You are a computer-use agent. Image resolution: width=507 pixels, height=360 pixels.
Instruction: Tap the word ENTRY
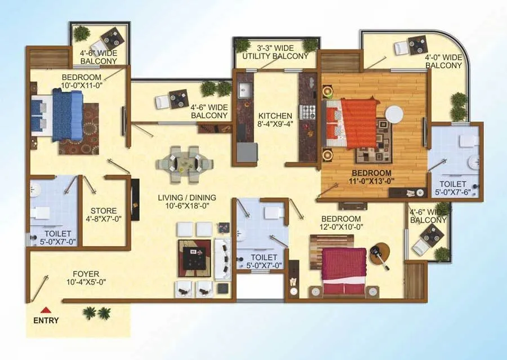pos(46,321)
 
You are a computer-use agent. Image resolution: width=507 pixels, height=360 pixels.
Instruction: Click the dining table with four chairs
pos(184,164)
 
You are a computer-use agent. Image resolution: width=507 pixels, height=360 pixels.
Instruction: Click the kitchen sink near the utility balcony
pos(245,90)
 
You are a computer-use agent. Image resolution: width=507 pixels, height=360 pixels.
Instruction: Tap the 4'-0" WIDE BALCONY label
pos(444,61)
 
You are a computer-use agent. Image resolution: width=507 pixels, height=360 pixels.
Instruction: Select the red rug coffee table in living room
pos(194,257)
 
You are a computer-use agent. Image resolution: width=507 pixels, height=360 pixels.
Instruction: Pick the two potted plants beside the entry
pos(96,313)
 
